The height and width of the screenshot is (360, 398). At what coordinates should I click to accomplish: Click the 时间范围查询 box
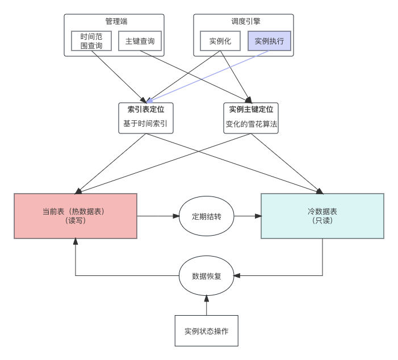tap(91, 41)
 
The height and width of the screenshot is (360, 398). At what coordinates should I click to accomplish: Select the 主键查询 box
tap(140, 41)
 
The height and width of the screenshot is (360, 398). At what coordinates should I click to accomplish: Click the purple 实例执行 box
tap(269, 41)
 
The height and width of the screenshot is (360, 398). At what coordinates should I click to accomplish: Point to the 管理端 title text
tap(116, 22)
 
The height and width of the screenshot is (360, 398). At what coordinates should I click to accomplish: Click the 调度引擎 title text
tap(246, 22)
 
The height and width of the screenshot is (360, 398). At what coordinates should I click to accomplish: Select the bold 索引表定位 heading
tap(146, 109)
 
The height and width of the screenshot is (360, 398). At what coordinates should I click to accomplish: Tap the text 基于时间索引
tap(146, 123)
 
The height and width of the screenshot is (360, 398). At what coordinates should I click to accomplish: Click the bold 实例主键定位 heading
tap(251, 109)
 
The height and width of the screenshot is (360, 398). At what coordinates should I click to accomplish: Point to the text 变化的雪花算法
tap(251, 123)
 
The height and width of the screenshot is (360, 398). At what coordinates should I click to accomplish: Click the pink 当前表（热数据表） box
tap(76, 216)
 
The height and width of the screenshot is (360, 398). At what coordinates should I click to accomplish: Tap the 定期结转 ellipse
tap(207, 216)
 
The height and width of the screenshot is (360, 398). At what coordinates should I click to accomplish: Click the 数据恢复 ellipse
tap(207, 277)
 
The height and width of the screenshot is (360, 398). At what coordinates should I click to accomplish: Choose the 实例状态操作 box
tap(206, 330)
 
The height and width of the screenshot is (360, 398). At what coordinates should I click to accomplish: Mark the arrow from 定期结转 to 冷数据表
tap(248, 216)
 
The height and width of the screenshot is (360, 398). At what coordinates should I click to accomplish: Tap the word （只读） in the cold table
tap(322, 221)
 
